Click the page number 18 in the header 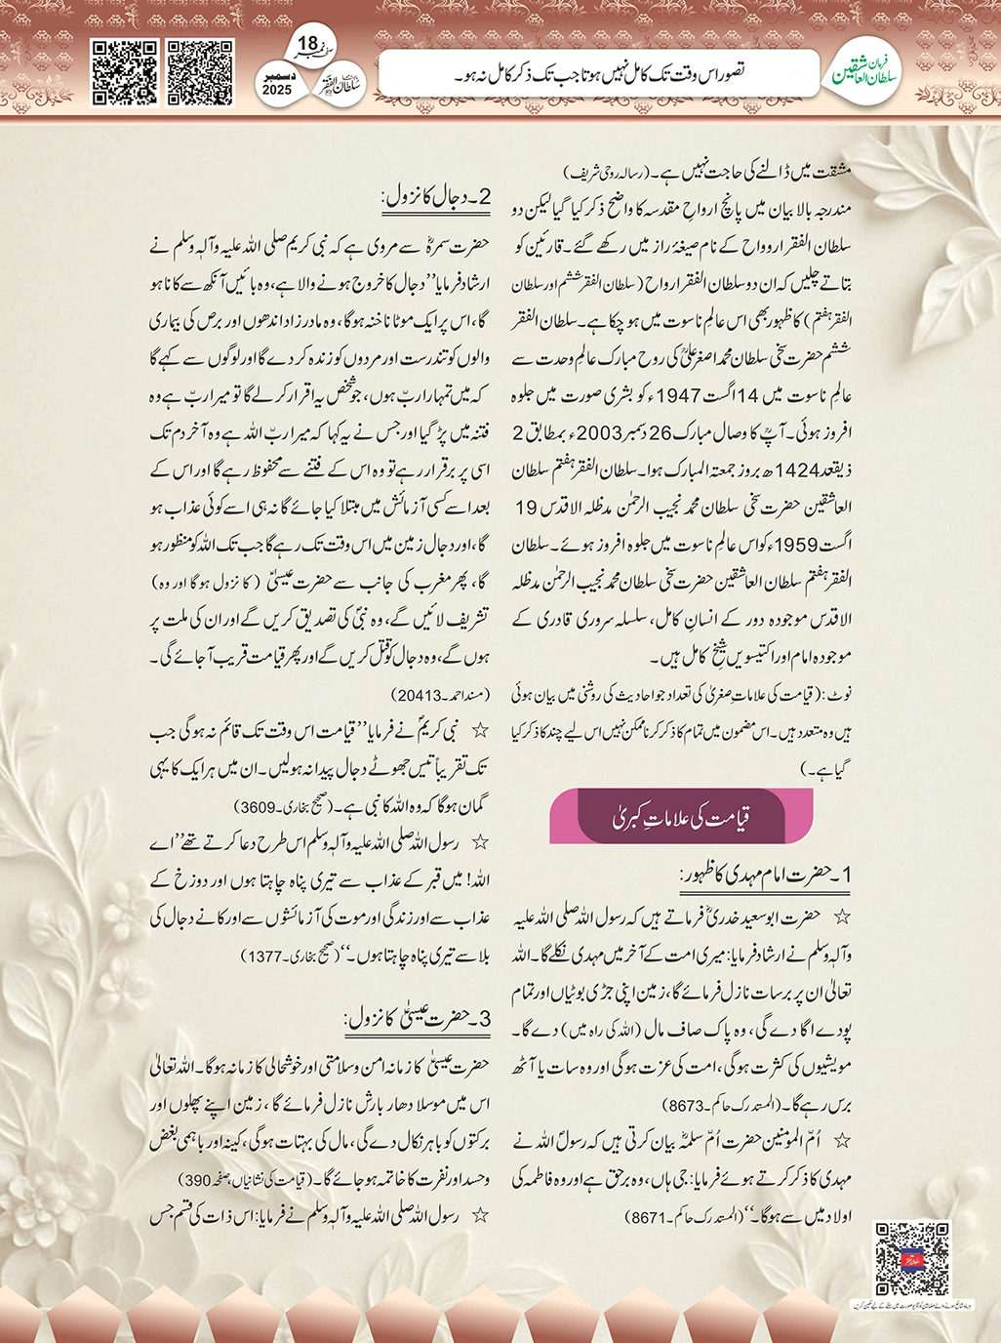[x=307, y=44]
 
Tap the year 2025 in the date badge [x=277, y=90]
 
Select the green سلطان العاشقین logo [x=865, y=73]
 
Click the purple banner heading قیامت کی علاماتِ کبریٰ [x=681, y=818]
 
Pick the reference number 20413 [x=421, y=696]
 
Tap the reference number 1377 [x=265, y=957]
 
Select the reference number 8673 [x=683, y=1106]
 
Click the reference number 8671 [x=652, y=1218]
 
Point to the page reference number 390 [x=198, y=1180]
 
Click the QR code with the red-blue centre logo [x=911, y=1258]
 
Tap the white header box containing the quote [x=597, y=73]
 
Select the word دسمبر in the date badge [x=277, y=74]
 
